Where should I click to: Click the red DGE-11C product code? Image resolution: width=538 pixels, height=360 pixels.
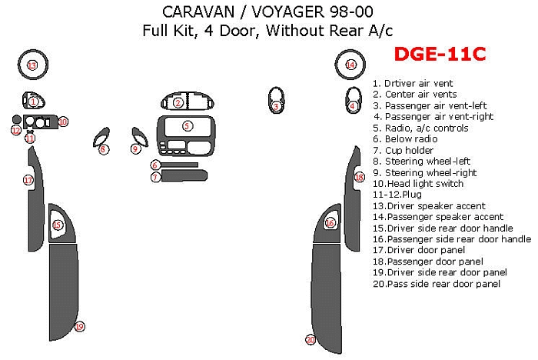[440, 54]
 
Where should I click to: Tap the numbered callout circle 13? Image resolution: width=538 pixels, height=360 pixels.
[32, 65]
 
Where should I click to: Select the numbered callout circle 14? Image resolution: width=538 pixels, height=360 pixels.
[350, 65]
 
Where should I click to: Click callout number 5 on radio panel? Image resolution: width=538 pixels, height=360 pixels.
[187, 126]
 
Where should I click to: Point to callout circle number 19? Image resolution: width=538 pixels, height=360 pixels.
[80, 326]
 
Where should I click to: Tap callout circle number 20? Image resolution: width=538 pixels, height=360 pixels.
[311, 340]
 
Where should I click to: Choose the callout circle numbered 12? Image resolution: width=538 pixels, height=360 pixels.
[16, 131]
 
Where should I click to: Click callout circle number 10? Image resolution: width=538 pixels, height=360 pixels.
[63, 122]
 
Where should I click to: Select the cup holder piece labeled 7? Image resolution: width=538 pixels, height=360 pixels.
[184, 175]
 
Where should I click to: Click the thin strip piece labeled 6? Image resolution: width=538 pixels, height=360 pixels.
[179, 165]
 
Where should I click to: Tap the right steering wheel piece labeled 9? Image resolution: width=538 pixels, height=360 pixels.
[140, 137]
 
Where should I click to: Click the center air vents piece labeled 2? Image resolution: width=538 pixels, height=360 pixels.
[188, 101]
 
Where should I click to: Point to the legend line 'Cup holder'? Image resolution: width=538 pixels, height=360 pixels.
[403, 151]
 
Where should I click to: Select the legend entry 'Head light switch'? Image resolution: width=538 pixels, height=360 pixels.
[418, 184]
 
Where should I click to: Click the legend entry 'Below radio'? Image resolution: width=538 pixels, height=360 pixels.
[405, 139]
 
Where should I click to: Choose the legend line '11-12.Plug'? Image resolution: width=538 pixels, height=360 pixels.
[397, 195]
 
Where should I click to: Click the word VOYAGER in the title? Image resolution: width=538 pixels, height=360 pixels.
[288, 12]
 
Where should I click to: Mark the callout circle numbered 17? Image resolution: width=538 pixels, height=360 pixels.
[28, 180]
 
